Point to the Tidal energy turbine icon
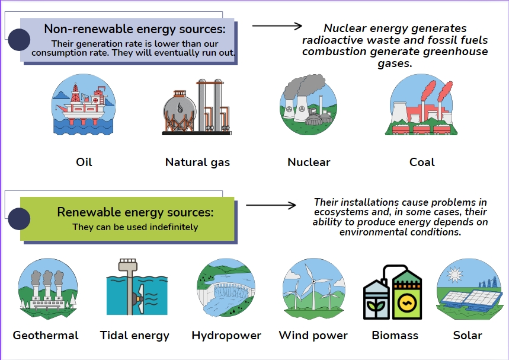pyautogui.click(x=136, y=289)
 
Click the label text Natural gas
pyautogui.click(x=197, y=162)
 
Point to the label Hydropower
pyautogui.click(x=226, y=335)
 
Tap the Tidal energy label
pyautogui.click(x=135, y=335)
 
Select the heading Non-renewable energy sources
pyautogui.click(x=135, y=29)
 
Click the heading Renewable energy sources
pyautogui.click(x=135, y=212)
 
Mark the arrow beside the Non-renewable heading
pyautogui.click(x=277, y=26)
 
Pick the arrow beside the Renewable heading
pyautogui.click(x=270, y=206)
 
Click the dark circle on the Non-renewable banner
pyautogui.click(x=20, y=40)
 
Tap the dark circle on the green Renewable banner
pyautogui.click(x=19, y=219)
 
